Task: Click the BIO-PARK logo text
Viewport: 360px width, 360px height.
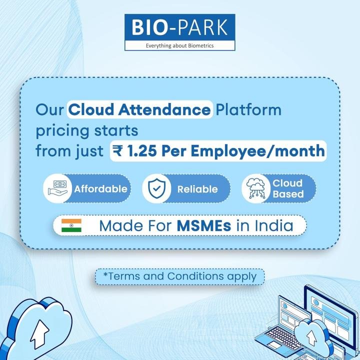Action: click(179, 27)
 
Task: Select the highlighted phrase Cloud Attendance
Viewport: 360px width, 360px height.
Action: click(139, 109)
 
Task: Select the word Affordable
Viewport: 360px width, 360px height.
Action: click(100, 189)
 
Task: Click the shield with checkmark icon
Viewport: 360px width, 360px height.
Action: click(156, 189)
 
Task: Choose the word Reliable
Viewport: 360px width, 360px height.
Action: click(197, 189)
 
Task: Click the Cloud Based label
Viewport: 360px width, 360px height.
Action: click(287, 188)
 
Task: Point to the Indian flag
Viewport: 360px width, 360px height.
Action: click(71, 226)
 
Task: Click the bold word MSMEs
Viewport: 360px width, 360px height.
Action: click(204, 225)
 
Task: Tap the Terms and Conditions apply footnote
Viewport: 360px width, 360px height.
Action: click(179, 276)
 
